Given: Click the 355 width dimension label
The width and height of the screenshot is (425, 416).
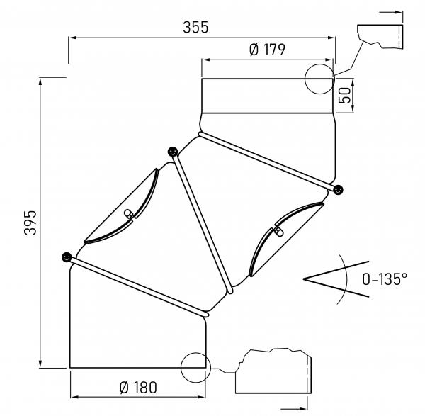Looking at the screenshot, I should (x=196, y=28).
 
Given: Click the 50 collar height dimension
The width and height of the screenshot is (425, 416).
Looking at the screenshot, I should (x=345, y=96).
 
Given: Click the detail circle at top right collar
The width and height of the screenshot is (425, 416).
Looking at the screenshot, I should (x=319, y=77).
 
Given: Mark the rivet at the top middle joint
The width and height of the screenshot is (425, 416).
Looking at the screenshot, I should (x=172, y=151).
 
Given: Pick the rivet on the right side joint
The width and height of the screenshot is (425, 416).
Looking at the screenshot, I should (x=339, y=189).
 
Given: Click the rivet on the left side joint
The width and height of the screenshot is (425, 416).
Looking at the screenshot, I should (x=67, y=257).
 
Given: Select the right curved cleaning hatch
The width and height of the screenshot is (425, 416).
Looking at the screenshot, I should (x=283, y=236).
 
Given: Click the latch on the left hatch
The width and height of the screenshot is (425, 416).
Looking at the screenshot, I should (x=130, y=214).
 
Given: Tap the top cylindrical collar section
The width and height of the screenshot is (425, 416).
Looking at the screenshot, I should (x=267, y=96).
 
